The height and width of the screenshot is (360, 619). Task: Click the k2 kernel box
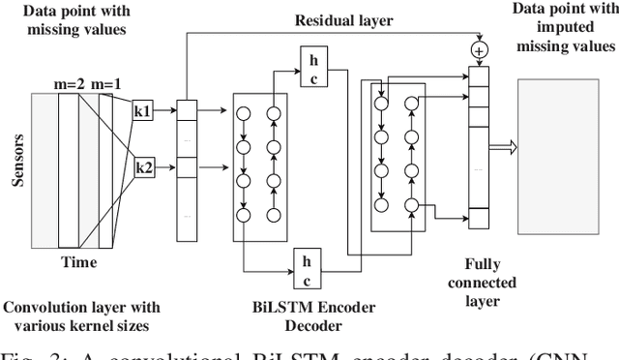pyautogui.click(x=143, y=167)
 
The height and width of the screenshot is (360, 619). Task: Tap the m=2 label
pyautogui.click(x=69, y=82)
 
